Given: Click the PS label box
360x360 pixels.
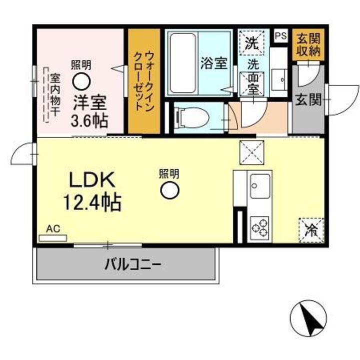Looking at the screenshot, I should point(280,35).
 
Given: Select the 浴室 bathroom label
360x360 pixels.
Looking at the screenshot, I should point(213,63).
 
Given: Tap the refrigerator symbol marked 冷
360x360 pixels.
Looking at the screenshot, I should point(311,230).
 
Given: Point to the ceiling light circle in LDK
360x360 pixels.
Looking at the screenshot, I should point(169,190).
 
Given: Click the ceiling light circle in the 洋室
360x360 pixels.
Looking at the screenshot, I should point(81,80).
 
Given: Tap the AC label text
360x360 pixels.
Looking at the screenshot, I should point(53,229).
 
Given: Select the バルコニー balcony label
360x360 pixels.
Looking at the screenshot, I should point(132,263).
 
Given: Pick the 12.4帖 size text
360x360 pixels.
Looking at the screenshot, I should point(90,201).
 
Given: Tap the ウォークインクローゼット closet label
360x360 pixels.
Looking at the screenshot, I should point(143,81).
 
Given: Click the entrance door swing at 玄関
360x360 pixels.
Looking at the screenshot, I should point(343,100).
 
